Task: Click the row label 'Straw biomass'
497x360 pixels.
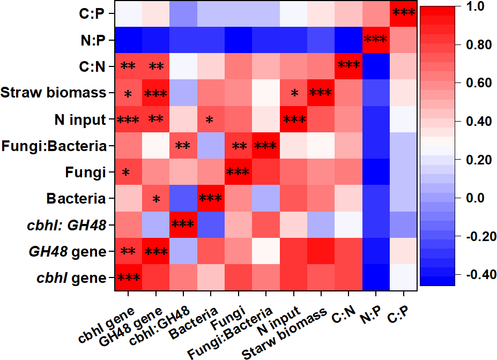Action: pos(53,93)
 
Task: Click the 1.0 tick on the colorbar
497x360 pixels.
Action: pos(474,7)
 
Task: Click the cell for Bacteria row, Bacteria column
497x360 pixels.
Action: pos(211,198)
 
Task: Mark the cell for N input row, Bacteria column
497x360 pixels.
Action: pos(211,119)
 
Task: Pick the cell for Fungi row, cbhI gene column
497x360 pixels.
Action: pos(128,172)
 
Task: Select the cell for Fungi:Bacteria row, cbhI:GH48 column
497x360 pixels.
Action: pos(183,146)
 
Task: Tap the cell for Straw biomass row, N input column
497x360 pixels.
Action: pos(294,93)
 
